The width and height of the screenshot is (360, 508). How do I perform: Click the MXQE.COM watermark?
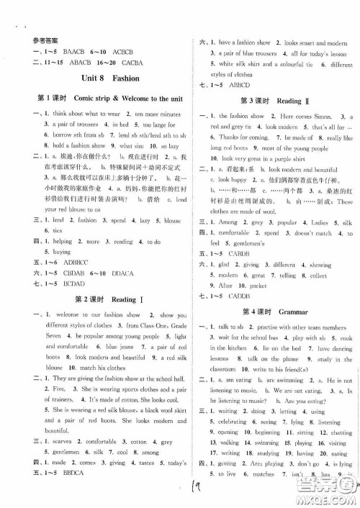click(x=333, y=494)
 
